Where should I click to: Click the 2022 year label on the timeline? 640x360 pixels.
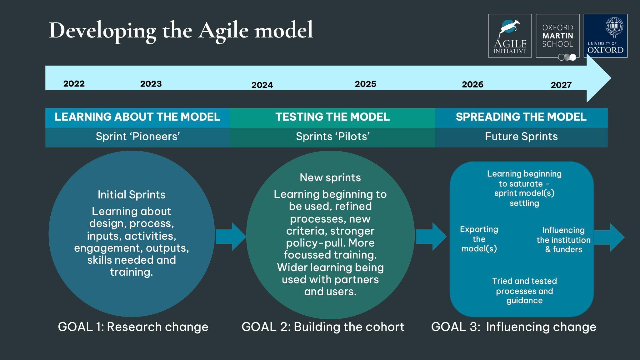pyautogui.click(x=74, y=84)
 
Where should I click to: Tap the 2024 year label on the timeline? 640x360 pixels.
pyautogui.click(x=262, y=85)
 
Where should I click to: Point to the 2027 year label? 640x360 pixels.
pyautogui.click(x=561, y=85)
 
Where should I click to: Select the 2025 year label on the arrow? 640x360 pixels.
pyautogui.click(x=366, y=84)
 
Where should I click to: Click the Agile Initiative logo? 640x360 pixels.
pyautogui.click(x=510, y=36)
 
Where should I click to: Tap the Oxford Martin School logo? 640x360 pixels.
pyautogui.click(x=558, y=36)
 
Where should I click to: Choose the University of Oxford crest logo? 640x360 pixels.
pyautogui.click(x=606, y=36)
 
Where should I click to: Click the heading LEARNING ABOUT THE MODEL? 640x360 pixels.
pyautogui.click(x=137, y=117)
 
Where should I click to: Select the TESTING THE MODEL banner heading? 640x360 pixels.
pyautogui.click(x=332, y=117)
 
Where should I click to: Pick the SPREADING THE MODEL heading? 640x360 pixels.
pyautogui.click(x=521, y=117)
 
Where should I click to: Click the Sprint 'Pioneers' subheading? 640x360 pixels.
pyautogui.click(x=138, y=137)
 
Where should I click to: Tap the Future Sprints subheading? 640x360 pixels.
pyautogui.click(x=521, y=137)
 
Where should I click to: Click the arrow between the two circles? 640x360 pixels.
pyautogui.click(x=231, y=237)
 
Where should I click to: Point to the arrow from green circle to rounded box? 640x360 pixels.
pyautogui.click(x=431, y=237)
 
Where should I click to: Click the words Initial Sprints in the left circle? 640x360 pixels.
pyautogui.click(x=132, y=195)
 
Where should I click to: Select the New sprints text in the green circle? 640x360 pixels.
pyautogui.click(x=330, y=177)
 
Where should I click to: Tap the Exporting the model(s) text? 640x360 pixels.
pyautogui.click(x=479, y=239)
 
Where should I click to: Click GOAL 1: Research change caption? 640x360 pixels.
pyautogui.click(x=133, y=327)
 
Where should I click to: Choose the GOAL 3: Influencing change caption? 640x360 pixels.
pyautogui.click(x=514, y=327)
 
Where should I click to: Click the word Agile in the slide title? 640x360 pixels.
pyautogui.click(x=225, y=31)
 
